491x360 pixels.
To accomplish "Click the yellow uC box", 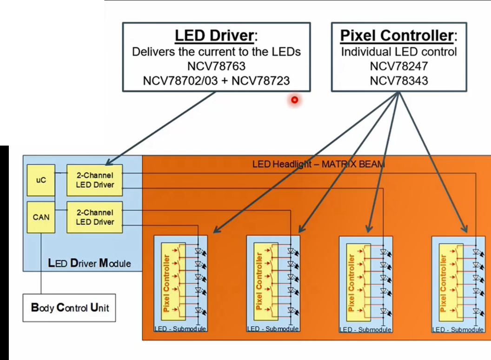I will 41,180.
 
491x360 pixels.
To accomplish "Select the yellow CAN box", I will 41,216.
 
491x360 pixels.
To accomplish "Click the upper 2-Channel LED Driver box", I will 94,180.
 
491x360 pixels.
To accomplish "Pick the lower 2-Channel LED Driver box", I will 94,217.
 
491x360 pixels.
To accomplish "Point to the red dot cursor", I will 294,100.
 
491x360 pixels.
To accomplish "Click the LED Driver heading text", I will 215,35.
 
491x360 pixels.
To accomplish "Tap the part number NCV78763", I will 216,66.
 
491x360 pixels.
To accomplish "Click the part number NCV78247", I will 399,66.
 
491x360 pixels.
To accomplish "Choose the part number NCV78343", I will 399,80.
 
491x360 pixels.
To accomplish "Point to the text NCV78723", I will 261,80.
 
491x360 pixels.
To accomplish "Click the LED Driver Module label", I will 89,264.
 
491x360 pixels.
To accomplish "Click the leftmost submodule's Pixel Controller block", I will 167,281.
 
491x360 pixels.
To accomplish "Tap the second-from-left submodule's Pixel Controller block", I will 260,281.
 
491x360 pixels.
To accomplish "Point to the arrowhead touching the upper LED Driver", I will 108,163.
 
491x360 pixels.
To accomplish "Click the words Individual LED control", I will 399,52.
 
